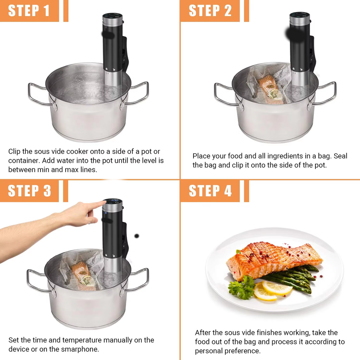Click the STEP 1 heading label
tap(29, 10)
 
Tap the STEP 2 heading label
tap(210, 10)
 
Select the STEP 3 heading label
tap(29, 190)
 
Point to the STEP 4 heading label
tap(210, 190)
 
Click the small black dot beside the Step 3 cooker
tap(136, 236)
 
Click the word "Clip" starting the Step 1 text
tap(14, 151)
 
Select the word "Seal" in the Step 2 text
tap(340, 156)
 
